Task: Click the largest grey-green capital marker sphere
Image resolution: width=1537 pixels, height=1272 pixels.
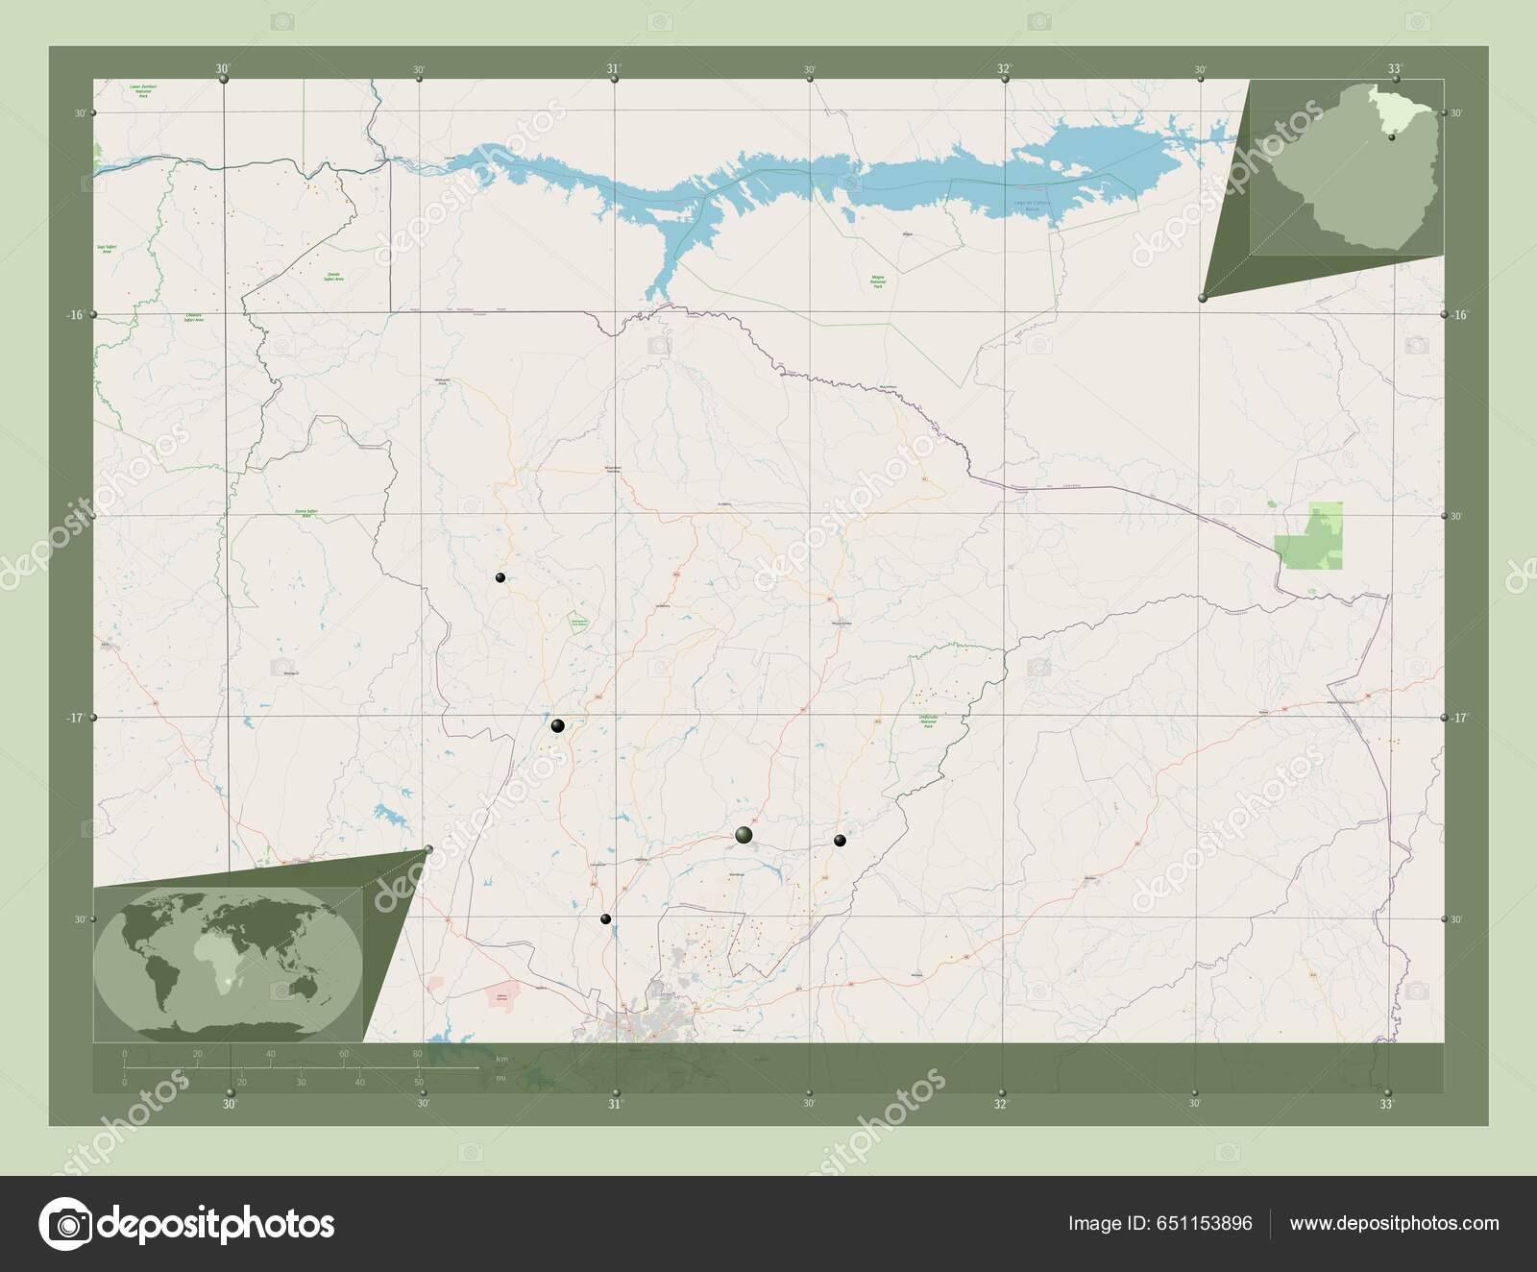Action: [744, 835]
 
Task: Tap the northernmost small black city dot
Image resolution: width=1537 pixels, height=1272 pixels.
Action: [500, 577]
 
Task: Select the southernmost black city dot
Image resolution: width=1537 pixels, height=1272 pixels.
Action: [605, 919]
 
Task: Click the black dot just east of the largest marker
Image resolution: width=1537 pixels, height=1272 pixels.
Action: [840, 841]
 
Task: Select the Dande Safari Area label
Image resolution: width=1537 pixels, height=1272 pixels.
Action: [333, 275]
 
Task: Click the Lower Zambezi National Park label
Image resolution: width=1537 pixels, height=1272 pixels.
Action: [143, 90]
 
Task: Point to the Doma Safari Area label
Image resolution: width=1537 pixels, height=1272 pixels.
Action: [307, 514]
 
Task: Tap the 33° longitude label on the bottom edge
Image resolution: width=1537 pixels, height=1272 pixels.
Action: [1386, 1105]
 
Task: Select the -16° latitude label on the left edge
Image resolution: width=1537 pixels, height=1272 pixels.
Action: [79, 314]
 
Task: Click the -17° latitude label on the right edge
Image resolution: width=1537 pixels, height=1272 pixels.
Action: [1460, 718]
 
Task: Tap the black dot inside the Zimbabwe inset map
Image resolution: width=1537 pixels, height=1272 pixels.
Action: [1391, 137]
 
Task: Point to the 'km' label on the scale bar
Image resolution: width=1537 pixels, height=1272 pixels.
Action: [500, 1058]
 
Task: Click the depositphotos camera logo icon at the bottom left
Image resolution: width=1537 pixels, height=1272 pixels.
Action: [64, 1224]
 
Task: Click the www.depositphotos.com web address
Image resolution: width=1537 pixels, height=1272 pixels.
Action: [1394, 1224]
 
